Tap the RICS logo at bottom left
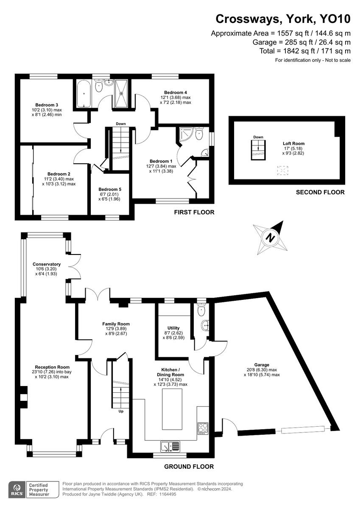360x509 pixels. tap(17, 489)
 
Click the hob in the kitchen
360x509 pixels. tap(203, 428)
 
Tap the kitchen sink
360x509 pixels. tap(170, 446)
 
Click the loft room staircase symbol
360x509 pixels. tap(257, 151)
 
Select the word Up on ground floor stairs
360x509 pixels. tap(121, 411)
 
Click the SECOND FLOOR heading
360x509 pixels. tap(320, 192)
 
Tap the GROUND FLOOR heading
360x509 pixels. tap(189, 467)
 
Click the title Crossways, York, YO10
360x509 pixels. tap(283, 19)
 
